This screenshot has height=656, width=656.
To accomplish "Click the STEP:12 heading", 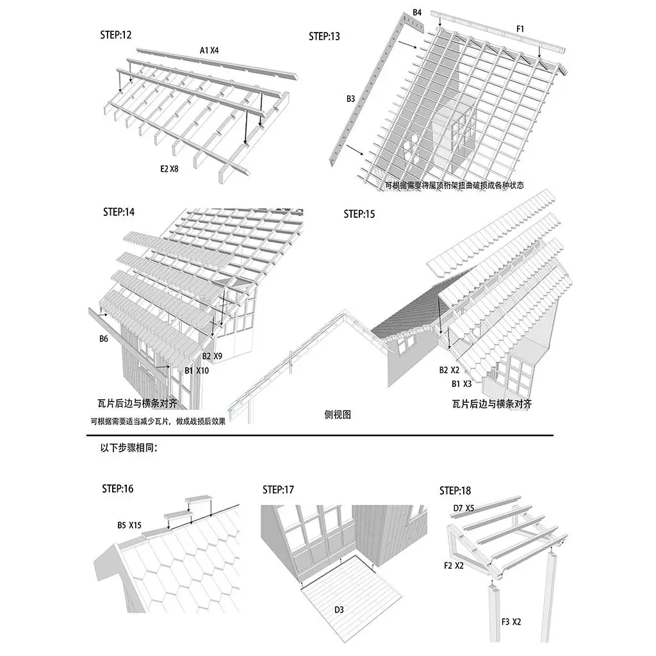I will [x=116, y=35].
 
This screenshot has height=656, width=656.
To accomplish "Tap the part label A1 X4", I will [x=209, y=50].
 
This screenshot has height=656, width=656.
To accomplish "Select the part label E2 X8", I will [x=170, y=169].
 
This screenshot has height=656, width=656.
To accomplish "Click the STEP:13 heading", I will [x=324, y=37].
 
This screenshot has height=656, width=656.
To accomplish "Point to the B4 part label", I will [x=417, y=12].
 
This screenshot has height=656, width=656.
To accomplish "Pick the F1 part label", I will [x=520, y=29].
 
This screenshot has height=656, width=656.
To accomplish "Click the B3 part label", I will [x=350, y=99].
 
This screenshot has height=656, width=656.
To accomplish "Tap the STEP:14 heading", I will [x=119, y=211].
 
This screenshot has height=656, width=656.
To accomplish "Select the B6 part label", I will [x=103, y=339].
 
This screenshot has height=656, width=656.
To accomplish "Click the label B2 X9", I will [x=212, y=356].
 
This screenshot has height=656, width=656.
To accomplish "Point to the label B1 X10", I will [x=197, y=370].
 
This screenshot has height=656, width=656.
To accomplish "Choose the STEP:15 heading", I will [x=359, y=214].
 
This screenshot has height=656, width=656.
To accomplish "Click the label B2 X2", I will [x=449, y=370].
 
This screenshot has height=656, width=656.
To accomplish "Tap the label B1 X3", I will [x=462, y=384].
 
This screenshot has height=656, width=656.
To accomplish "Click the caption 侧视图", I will [x=338, y=414].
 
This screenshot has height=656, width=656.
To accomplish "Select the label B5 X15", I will [x=129, y=525].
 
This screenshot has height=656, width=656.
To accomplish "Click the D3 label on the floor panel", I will [x=339, y=610].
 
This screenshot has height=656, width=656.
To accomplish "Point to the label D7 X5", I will [x=463, y=508].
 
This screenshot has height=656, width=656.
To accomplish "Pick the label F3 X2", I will [x=511, y=622].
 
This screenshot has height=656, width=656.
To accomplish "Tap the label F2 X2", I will [x=454, y=566].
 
